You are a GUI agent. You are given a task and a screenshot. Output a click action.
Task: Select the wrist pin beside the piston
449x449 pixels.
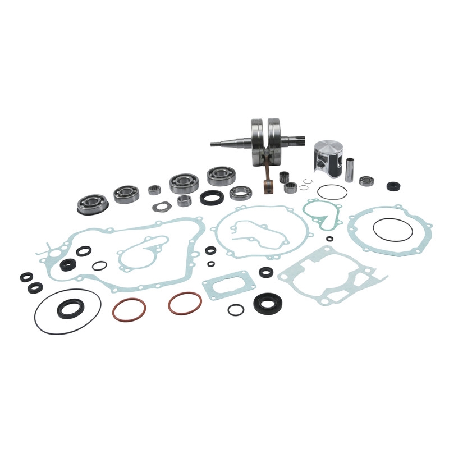click(350, 169)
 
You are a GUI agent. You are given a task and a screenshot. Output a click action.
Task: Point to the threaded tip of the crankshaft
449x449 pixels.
click(216, 144)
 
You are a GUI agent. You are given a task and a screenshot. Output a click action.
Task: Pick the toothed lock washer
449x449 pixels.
click(162, 206)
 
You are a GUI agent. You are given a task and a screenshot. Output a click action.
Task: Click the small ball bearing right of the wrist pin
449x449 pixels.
click(367, 181)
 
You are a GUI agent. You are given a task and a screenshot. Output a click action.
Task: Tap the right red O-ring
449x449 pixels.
click(185, 304)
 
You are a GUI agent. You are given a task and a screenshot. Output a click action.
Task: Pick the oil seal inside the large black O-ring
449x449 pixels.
click(71, 308)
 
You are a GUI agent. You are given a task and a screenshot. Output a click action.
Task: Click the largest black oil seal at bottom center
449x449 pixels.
click(268, 304)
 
